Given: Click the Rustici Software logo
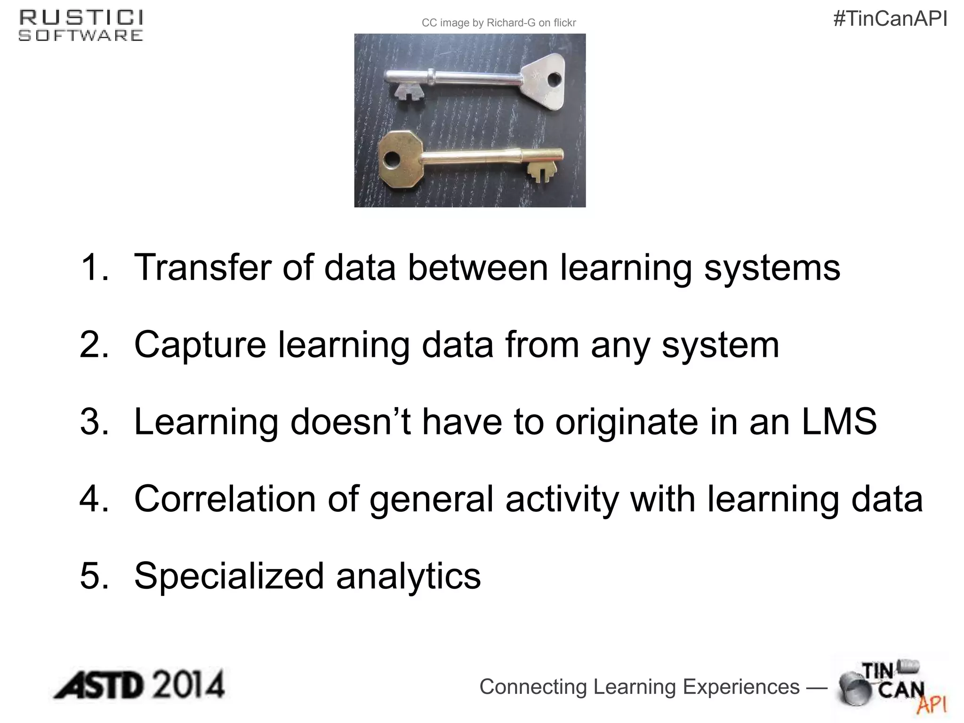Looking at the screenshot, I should pos(80,26).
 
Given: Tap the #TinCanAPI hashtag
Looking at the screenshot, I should pos(890,19).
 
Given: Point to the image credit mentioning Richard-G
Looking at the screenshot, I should pos(498,23).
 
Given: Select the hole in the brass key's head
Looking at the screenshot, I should pos(390,160).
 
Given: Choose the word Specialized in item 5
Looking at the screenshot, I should pos(229,576).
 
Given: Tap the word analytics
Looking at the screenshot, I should pos(408,576).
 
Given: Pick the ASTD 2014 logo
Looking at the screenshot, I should pos(139,685).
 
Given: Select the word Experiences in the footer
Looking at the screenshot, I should pos(741,687).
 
